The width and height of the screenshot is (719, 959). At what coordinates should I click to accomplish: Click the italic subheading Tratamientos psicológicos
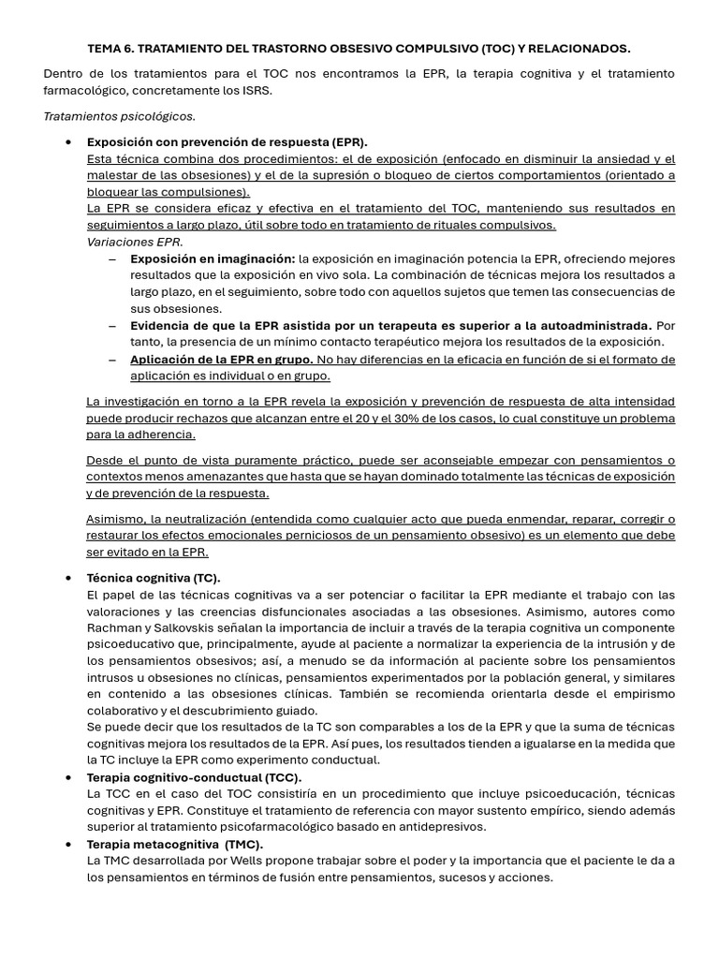coord(120,116)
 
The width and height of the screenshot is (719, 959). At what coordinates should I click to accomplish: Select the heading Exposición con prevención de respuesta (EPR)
coord(227,141)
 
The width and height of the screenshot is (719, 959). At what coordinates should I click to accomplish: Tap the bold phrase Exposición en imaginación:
coord(213,258)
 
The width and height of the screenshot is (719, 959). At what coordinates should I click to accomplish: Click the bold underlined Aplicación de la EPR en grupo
coord(221,360)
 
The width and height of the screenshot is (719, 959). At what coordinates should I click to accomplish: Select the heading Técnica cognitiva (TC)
coord(154,578)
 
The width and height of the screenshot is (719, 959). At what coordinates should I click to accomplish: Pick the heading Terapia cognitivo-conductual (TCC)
coord(194,777)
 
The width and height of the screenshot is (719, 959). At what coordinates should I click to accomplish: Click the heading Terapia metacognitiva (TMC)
coord(174,844)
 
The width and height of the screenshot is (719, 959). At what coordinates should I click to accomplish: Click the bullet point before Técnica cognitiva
coord(69,578)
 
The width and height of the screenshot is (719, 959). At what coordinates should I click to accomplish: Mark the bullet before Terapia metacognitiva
coord(69,844)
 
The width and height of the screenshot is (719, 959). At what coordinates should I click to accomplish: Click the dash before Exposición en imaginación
coord(112,258)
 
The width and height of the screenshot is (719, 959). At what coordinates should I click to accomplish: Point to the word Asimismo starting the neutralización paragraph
coord(113,519)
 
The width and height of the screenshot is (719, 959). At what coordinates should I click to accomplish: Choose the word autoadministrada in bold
coord(595,326)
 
